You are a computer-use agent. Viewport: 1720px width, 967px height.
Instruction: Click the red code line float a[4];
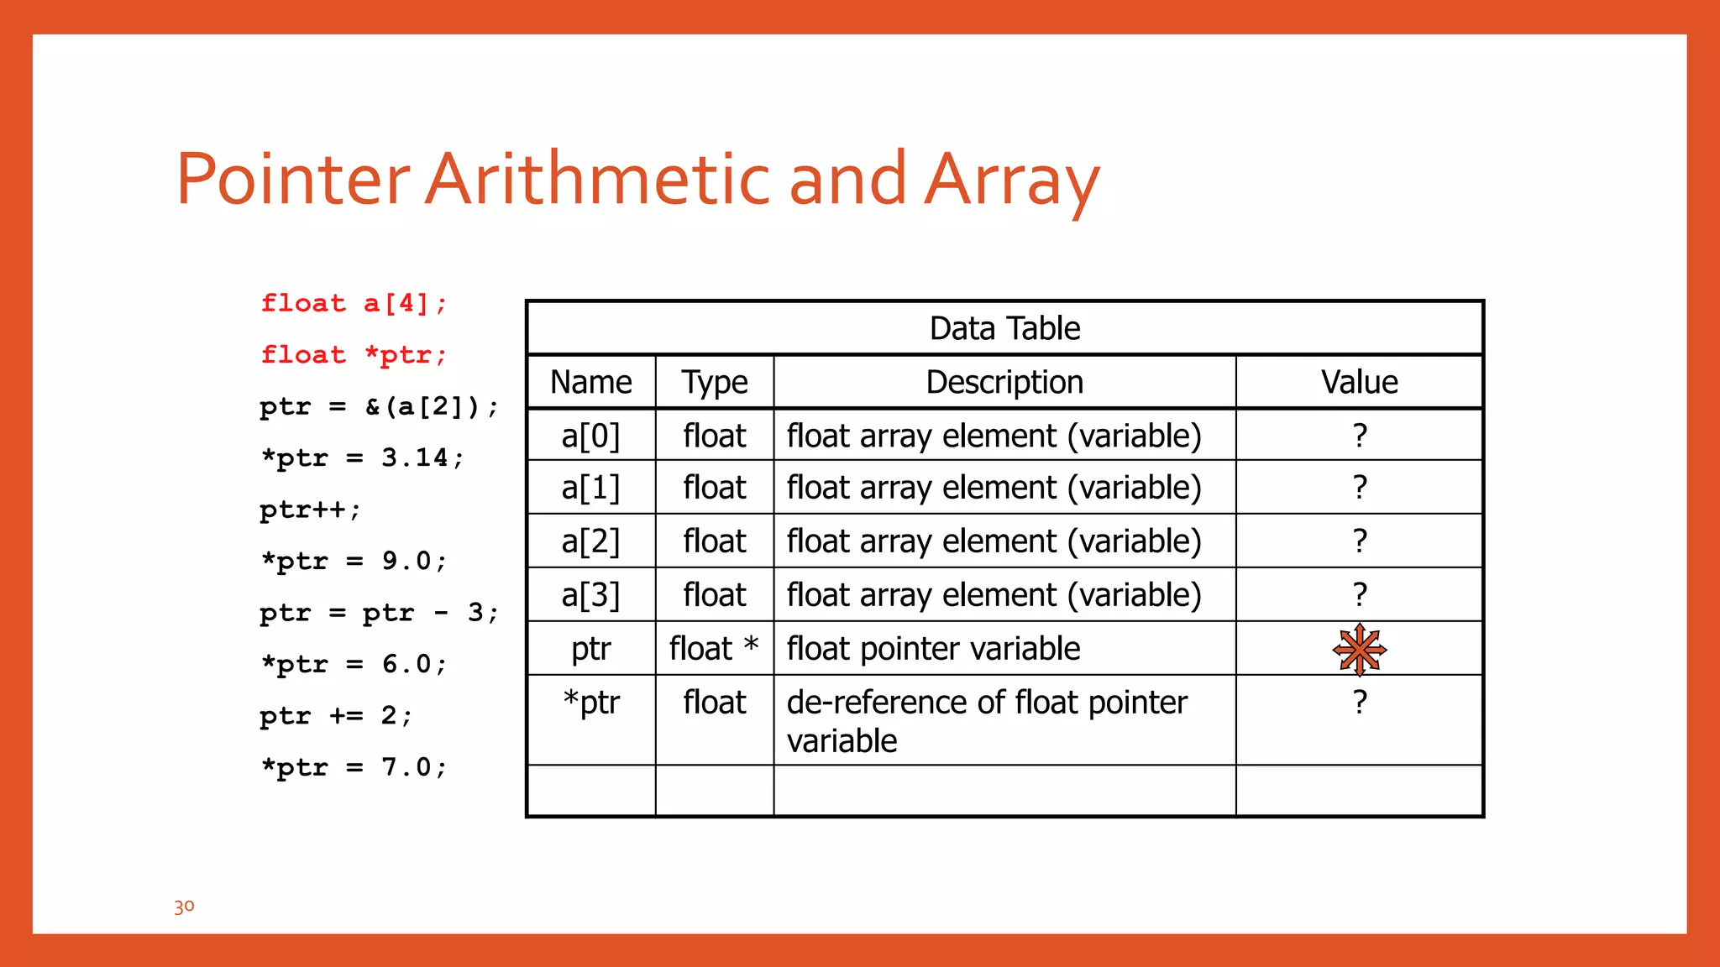tap(354, 303)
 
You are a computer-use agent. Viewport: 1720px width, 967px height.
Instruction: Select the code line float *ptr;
tap(354, 355)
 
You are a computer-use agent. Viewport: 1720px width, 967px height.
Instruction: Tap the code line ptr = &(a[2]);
tap(379, 407)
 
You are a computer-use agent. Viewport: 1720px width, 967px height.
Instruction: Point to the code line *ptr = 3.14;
tap(362, 458)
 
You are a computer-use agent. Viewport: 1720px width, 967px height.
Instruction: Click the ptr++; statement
tap(310, 510)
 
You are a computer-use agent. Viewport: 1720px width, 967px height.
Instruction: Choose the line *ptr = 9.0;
tap(354, 561)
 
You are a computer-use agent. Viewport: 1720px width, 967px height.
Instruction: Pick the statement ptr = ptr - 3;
tap(379, 613)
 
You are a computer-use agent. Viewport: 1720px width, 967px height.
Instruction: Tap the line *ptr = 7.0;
tap(354, 767)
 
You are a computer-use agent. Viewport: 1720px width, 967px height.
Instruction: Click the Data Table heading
tap(1004, 328)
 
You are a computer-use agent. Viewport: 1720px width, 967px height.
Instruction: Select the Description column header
tap(1004, 382)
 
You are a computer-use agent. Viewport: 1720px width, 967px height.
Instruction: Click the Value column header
tap(1359, 382)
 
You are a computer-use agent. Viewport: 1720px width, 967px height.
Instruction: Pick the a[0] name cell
tap(590, 436)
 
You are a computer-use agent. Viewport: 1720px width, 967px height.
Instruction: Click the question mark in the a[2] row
tap(1360, 541)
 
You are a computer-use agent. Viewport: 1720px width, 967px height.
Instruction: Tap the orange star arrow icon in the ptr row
tap(1359, 649)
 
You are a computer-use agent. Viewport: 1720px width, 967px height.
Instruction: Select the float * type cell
tap(714, 648)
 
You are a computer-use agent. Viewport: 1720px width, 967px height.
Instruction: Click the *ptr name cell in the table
tap(590, 703)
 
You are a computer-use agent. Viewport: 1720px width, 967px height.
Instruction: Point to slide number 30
tap(184, 907)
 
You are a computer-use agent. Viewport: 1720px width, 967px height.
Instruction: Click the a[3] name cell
tap(590, 594)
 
